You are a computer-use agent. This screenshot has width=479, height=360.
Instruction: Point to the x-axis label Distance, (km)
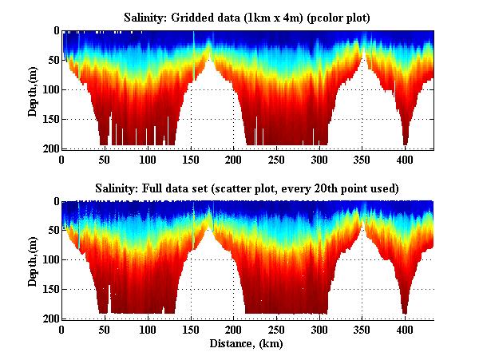click(x=247, y=344)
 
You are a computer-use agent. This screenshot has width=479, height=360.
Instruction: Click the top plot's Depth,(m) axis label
click(x=33, y=89)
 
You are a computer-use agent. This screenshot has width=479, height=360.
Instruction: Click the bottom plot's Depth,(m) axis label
click(x=33, y=259)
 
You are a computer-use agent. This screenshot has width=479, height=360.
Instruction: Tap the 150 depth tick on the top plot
click(x=49, y=119)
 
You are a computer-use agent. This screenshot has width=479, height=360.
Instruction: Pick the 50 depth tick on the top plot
click(x=52, y=60)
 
